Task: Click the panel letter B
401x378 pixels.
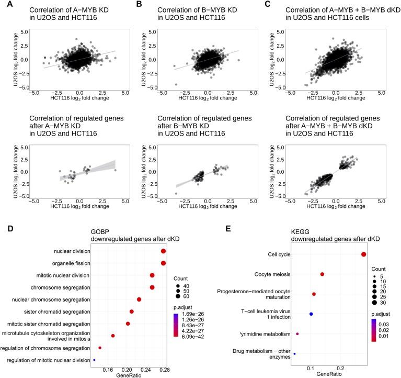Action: tap(139, 4)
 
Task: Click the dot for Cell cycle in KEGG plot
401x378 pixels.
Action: tap(363, 254)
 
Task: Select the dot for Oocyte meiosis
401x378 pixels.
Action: tap(322, 274)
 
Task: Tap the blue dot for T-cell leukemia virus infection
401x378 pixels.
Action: tap(311, 314)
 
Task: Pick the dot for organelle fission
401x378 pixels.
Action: tap(164, 263)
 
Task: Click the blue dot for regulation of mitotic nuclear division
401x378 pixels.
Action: tap(94, 360)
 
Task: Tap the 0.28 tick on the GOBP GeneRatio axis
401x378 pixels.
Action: tap(164, 369)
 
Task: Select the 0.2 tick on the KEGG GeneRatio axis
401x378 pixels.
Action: tap(340, 368)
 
